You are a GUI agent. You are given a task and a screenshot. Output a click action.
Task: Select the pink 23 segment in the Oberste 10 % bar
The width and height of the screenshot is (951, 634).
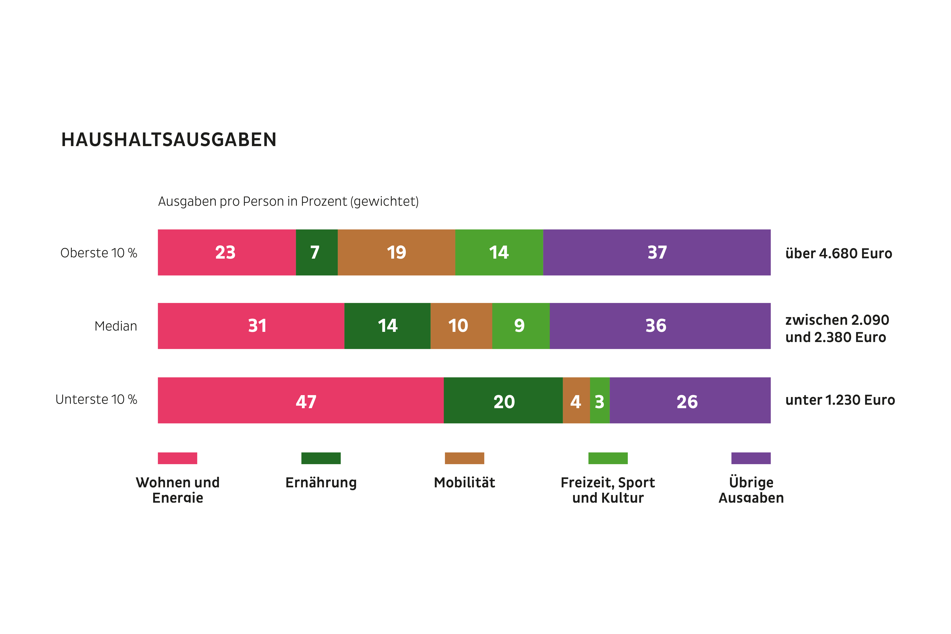(226, 252)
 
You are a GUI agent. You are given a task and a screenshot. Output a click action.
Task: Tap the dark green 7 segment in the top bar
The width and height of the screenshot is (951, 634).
(317, 252)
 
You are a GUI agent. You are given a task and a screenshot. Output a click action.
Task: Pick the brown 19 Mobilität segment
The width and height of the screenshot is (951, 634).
(396, 252)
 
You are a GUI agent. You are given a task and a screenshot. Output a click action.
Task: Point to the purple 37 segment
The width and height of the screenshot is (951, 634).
(657, 252)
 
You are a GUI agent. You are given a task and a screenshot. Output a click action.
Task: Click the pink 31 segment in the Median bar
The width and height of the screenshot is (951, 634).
(251, 326)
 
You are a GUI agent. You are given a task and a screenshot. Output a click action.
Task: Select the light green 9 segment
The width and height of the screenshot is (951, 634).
(521, 326)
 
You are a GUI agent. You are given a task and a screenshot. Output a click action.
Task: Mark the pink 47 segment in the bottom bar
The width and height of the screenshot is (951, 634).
(300, 400)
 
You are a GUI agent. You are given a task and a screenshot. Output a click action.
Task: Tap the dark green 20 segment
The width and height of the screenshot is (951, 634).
(503, 400)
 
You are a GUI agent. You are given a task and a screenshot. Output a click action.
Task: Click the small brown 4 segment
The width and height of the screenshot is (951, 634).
(576, 400)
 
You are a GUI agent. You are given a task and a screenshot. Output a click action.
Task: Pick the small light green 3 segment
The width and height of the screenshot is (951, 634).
(600, 400)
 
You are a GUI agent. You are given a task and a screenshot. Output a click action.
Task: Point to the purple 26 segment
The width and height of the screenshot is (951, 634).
(690, 400)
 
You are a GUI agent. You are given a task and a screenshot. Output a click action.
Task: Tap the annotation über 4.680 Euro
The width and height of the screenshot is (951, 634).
(838, 253)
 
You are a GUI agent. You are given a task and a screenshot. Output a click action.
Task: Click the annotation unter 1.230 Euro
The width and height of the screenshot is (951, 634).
(839, 400)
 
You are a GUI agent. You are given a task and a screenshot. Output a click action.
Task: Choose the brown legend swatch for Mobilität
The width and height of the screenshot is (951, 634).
(464, 458)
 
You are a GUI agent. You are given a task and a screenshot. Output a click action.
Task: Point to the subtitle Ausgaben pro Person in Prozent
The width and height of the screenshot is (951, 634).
(288, 201)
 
